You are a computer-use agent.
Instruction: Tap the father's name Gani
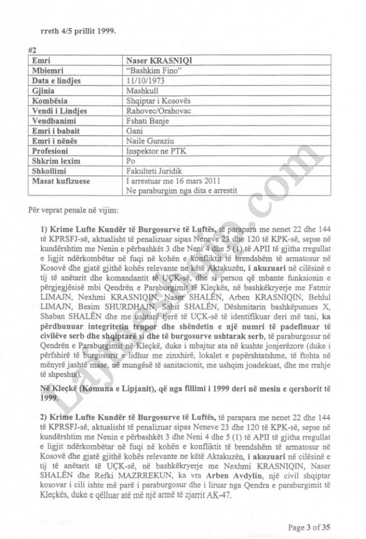pyautogui.click(x=134, y=131)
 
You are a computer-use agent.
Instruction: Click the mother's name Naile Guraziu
pyautogui.click(x=148, y=141)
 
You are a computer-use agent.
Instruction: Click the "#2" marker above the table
pyautogui.click(x=32, y=49)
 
